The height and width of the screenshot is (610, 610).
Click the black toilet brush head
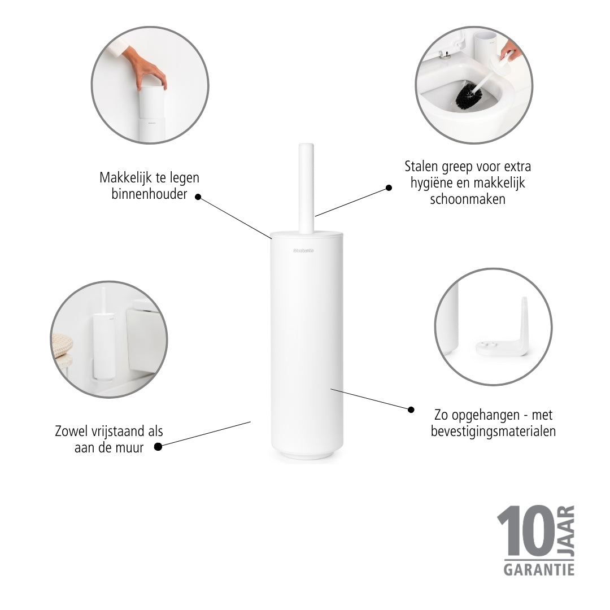468,95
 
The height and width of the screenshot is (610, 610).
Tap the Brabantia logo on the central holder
303,251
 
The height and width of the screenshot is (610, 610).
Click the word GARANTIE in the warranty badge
539,570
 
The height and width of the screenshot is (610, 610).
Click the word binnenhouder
149,194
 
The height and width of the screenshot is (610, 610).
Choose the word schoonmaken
468,199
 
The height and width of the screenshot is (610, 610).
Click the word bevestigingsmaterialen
493,432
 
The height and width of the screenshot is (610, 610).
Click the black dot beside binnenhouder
198,197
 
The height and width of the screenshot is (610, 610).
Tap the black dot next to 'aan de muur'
158,447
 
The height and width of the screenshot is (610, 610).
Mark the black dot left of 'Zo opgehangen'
411,409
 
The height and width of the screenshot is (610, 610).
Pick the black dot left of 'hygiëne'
389,188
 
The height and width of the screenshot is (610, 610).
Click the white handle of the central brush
306,189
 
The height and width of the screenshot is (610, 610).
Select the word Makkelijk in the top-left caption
126,178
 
